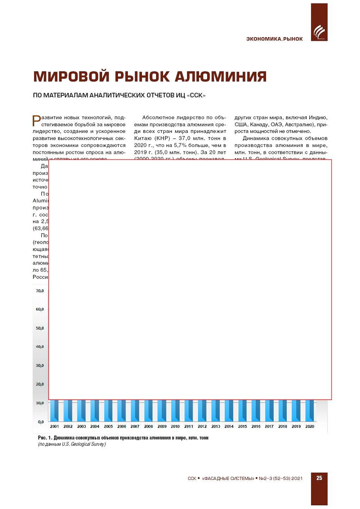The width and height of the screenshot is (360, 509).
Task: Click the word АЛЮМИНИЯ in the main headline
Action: [x=220, y=76]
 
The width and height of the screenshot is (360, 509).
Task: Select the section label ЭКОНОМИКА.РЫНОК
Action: [x=274, y=39]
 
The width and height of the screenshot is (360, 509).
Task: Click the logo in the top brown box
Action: [x=319, y=32]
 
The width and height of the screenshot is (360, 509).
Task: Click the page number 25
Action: [x=319, y=478]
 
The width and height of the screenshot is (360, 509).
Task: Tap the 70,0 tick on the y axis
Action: [x=40, y=291]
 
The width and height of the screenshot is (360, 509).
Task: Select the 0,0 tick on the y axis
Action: [x=41, y=422]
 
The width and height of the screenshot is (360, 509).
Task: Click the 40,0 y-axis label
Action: [x=40, y=347]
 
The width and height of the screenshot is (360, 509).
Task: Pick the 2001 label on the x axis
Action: [x=54, y=426]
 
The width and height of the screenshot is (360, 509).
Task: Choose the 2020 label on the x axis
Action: [x=310, y=426]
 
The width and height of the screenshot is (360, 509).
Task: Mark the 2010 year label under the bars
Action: [x=175, y=426]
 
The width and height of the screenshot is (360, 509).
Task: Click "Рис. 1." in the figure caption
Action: [x=45, y=438]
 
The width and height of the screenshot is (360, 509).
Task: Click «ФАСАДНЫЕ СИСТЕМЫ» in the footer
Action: [x=228, y=478]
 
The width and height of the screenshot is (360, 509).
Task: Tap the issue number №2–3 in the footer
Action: [x=265, y=478]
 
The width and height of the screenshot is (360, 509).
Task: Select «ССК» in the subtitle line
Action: [x=196, y=96]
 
